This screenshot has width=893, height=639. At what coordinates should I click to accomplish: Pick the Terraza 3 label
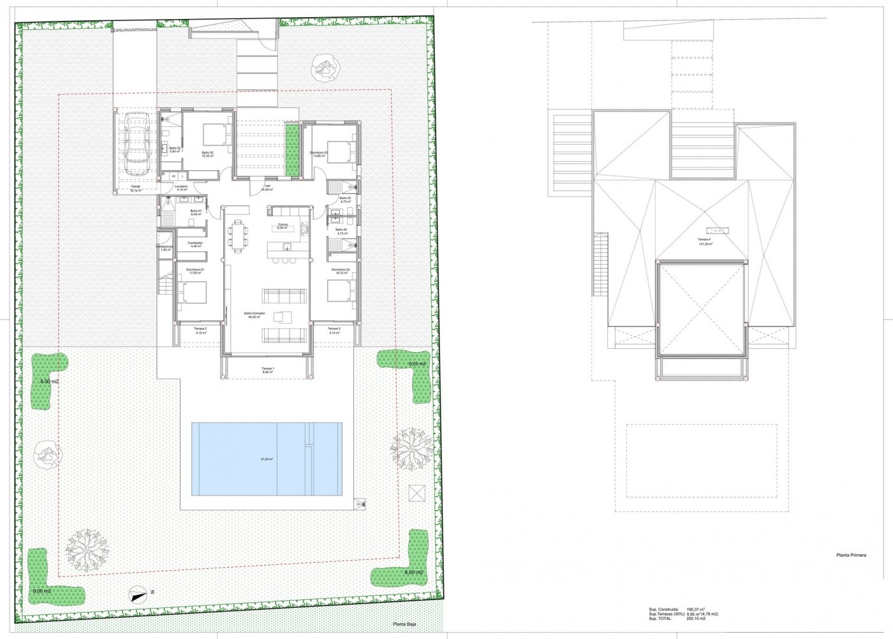[334, 330]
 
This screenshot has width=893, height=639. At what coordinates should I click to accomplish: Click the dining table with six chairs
[239, 237]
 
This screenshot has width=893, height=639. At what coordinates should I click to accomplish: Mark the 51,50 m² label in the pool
[267, 459]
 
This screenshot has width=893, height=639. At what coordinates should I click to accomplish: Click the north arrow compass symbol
[136, 594]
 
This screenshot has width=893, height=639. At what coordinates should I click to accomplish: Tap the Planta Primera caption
[851, 555]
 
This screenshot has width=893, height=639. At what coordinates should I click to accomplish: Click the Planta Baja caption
[404, 625]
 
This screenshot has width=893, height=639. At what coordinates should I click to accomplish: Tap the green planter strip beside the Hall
[293, 152]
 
